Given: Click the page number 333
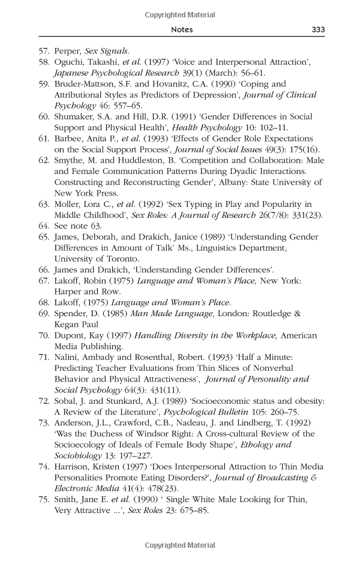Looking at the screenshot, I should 318,29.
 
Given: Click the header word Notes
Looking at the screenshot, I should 181,29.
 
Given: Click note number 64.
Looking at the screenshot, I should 43,227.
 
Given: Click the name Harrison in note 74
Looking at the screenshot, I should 74,467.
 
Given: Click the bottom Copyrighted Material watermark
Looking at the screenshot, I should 180,545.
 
